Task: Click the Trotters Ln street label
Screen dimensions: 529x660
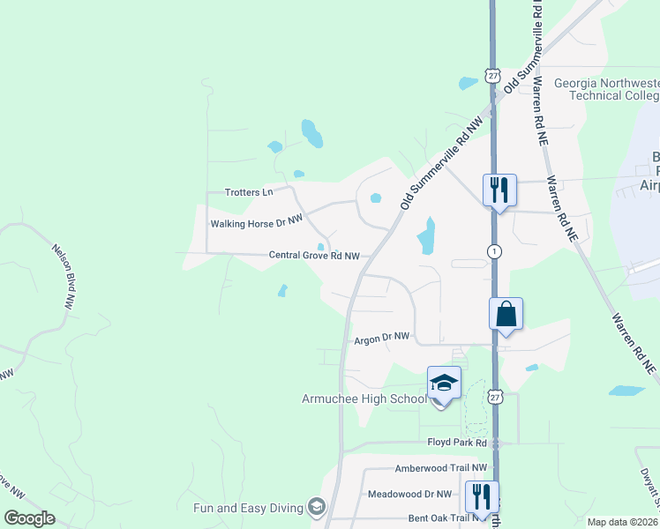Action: point(249,192)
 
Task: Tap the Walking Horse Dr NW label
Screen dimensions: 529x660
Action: point(256,224)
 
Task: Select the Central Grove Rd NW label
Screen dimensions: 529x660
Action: point(314,256)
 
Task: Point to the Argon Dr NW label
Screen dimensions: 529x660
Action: point(382,337)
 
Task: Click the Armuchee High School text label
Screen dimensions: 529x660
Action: point(364,399)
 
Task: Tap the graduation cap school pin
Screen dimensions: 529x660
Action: point(444,383)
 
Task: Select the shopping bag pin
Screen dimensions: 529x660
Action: point(506,315)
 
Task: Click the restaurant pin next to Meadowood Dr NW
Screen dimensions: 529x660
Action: point(481,496)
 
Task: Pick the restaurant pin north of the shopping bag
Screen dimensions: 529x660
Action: point(499,189)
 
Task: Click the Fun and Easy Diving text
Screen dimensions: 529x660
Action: point(248,508)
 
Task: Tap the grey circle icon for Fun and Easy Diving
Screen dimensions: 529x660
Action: point(315,507)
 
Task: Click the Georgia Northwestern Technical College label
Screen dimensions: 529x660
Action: point(605,89)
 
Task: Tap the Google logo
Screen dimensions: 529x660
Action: point(29,518)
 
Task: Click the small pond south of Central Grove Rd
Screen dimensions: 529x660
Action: point(282,290)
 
